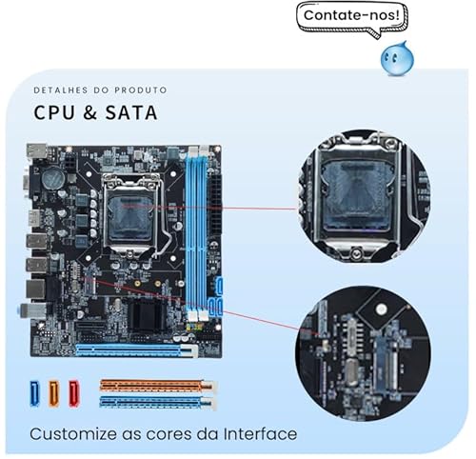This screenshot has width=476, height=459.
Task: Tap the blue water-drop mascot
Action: click(396, 60)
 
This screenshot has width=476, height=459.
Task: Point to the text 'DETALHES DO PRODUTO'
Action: click(99, 90)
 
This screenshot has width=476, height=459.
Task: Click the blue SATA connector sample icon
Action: click(35, 391)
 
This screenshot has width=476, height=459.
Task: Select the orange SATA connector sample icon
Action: click(54, 391)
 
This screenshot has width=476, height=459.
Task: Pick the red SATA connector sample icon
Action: click(73, 391)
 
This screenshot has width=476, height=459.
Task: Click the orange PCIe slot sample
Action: click(157, 386)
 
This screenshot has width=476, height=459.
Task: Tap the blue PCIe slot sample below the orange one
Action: click(157, 401)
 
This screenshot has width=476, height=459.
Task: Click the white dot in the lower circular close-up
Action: click(380, 310)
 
